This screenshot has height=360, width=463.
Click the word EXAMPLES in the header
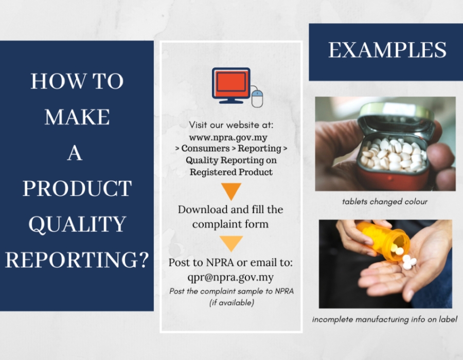(x=387, y=50)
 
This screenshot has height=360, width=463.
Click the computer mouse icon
(x=257, y=99)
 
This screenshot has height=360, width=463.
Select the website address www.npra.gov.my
(x=228, y=137)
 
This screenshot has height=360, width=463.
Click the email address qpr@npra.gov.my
(x=230, y=277)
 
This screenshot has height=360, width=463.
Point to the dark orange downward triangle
(x=231, y=191)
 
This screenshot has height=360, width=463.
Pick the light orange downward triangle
(x=231, y=243)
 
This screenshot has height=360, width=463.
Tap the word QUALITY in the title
(x=77, y=224)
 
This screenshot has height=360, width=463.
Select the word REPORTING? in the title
(x=77, y=260)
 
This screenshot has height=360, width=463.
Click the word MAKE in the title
(x=77, y=117)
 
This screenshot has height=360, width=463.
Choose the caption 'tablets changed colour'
(x=385, y=202)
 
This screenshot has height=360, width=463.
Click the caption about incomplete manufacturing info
(x=385, y=319)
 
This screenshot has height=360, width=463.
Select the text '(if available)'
(x=232, y=303)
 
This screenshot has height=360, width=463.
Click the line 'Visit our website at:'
(x=231, y=125)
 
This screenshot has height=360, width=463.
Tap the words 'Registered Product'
(x=231, y=172)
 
